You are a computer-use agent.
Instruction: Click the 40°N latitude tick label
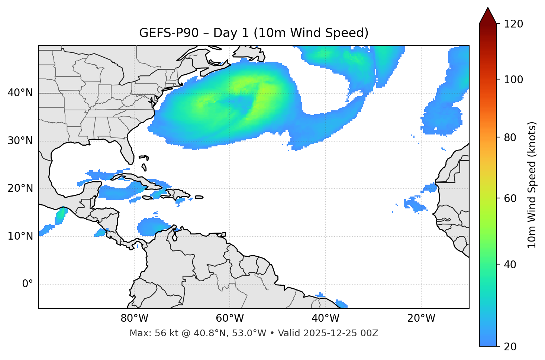20,93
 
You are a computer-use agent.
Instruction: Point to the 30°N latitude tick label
20,141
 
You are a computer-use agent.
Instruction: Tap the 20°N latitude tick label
20,188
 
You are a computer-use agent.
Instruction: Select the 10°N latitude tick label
20,236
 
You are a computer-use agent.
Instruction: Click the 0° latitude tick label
28,284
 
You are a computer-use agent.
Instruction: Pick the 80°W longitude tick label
134,318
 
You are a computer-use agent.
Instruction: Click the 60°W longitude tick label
230,318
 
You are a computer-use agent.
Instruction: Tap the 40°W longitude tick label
326,318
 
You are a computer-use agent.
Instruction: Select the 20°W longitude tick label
421,318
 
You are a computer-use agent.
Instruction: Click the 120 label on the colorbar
513,24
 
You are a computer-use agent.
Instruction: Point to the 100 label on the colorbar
513,80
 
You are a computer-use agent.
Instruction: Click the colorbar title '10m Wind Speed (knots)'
532,185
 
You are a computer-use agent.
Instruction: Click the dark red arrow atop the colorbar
488,16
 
